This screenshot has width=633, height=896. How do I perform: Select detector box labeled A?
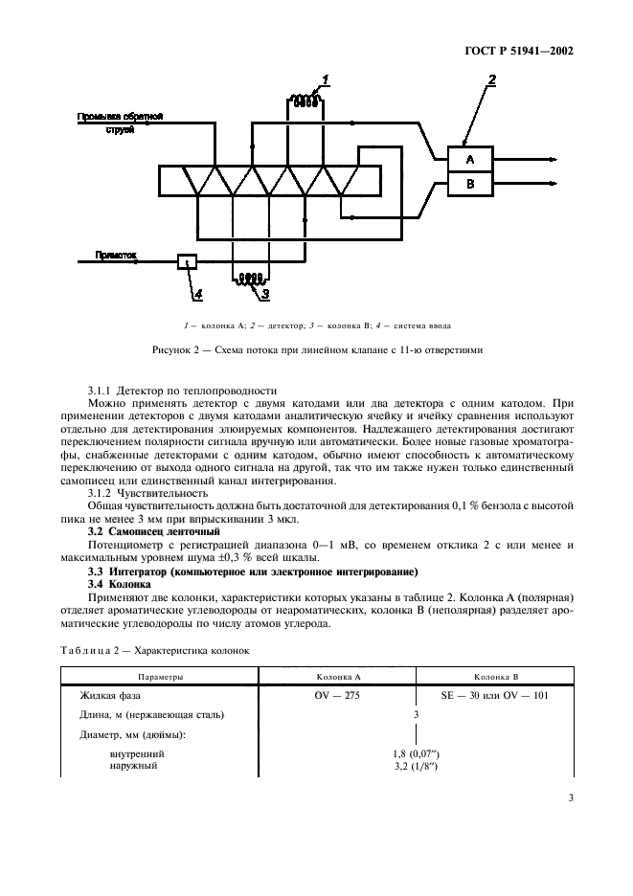469,158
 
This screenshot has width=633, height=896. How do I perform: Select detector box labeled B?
469,184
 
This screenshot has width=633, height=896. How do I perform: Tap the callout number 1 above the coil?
325,79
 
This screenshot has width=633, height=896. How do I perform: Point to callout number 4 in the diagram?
195,293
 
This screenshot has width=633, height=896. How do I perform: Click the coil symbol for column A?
305,101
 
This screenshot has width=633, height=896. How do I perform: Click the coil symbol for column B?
251,280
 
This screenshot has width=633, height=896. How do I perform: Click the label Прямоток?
116,256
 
